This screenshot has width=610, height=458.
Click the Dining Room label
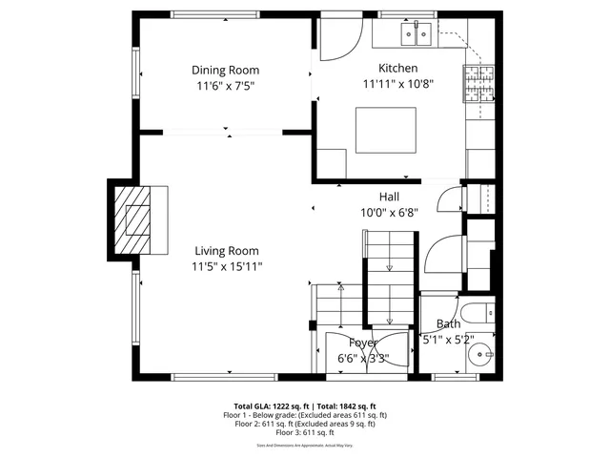pyautogui.click(x=225, y=70)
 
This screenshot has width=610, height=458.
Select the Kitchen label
pyautogui.click(x=397, y=68)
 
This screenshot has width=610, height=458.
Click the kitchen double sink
pyautogui.click(x=416, y=36)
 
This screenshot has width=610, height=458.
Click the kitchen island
pyautogui.click(x=386, y=130)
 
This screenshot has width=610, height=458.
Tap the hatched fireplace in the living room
pyautogui.click(x=133, y=220)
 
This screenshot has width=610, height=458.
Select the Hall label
pyautogui.click(x=388, y=197)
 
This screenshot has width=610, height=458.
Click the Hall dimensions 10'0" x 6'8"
pyautogui.click(x=388, y=213)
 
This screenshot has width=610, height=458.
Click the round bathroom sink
pyautogui.click(x=482, y=355)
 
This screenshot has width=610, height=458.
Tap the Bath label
pyautogui.click(x=448, y=324)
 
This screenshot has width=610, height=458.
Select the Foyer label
pyautogui.click(x=363, y=343)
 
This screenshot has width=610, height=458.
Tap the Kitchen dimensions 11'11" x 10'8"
pyautogui.click(x=397, y=84)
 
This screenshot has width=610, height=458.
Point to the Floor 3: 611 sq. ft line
pyautogui.click(x=305, y=432)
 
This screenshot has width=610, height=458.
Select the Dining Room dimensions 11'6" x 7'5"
pyautogui.click(x=225, y=86)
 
